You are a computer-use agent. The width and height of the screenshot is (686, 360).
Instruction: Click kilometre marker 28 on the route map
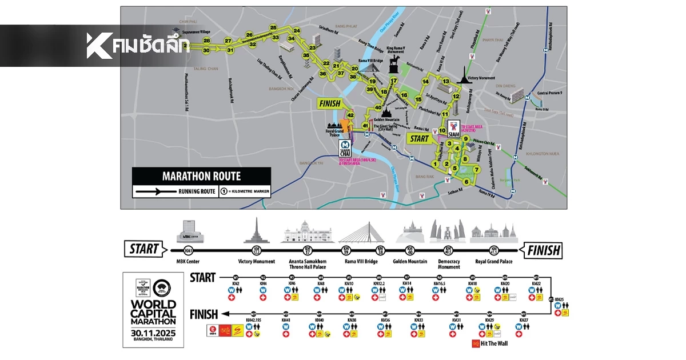(x=206, y=41)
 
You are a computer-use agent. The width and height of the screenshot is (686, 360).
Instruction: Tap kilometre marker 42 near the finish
(x=350, y=115)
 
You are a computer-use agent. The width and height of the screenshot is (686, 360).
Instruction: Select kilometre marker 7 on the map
(x=476, y=169)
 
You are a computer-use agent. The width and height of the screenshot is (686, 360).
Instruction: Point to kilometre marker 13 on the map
(x=446, y=82)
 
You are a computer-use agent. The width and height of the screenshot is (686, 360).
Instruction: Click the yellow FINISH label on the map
(x=329, y=104)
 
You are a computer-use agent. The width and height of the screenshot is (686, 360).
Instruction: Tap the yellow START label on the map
(x=418, y=138)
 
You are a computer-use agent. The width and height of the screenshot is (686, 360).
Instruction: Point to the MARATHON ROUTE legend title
(x=201, y=177)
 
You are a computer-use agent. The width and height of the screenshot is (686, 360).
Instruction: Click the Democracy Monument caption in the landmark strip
(x=449, y=264)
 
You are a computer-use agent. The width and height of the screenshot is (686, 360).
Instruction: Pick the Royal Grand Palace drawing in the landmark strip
(x=493, y=232)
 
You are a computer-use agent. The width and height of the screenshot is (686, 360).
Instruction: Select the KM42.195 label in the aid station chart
(x=254, y=320)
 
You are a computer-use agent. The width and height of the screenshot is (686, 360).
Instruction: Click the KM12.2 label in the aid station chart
(x=380, y=283)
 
